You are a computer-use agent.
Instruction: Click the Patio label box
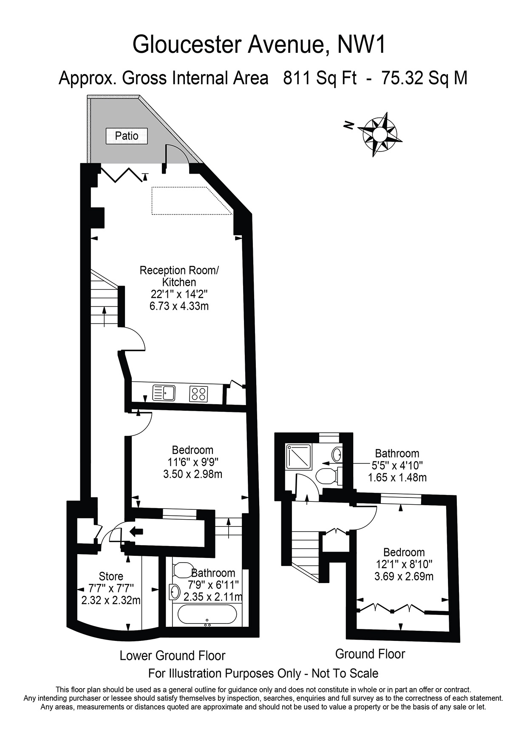point(127,136)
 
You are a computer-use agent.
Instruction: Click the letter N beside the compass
point(349,125)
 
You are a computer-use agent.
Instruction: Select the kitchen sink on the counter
point(163,393)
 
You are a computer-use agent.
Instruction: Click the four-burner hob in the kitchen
point(198,393)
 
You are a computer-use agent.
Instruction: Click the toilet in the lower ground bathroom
point(181,570)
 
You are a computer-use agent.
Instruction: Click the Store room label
point(111,576)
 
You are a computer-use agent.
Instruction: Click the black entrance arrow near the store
point(136,531)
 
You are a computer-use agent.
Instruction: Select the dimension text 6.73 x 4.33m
point(179,306)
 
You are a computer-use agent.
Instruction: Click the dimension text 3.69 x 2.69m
point(404,577)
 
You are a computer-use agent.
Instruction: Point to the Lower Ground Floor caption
point(173,655)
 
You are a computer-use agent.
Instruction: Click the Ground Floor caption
point(370,654)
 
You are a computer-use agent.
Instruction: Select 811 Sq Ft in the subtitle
point(320,78)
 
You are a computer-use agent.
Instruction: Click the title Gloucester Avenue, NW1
point(259,44)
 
